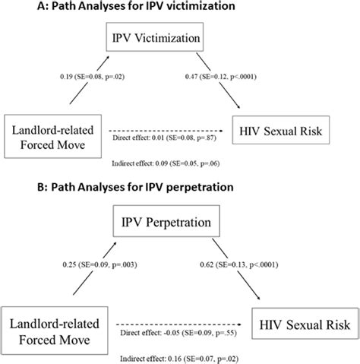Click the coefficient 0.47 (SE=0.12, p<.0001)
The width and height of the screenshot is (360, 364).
tap(237, 77)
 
